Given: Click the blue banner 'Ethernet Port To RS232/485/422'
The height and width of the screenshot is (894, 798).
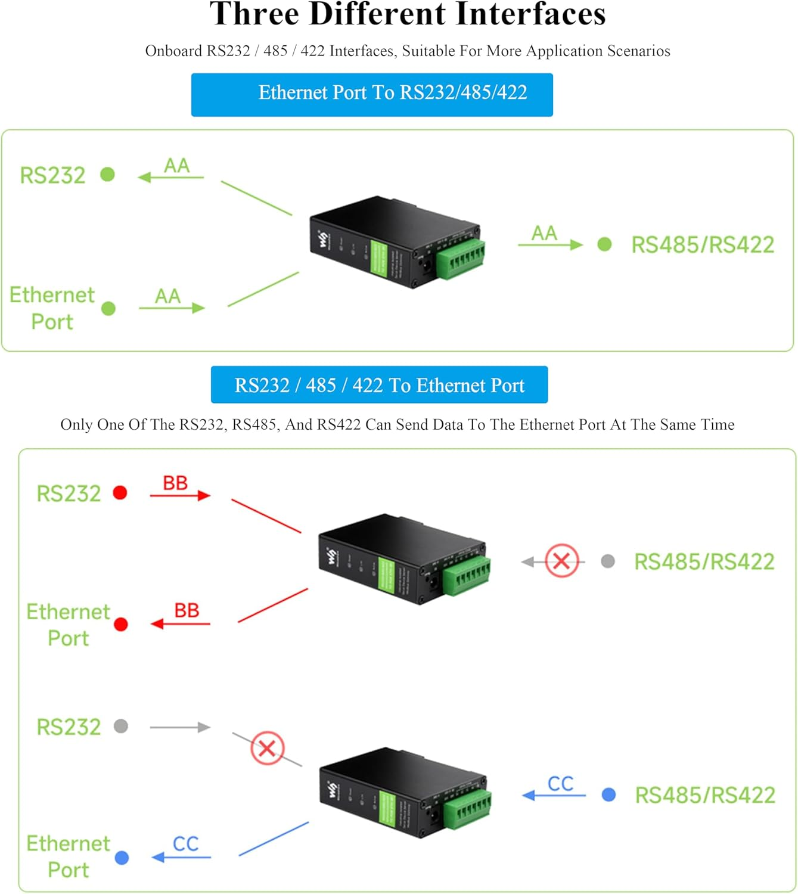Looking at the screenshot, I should coord(372,94).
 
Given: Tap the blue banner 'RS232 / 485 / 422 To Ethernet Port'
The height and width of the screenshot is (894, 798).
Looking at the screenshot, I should coord(379,385).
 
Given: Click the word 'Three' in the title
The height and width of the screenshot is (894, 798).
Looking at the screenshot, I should coord(254,14).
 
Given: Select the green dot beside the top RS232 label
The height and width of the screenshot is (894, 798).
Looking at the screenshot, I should coord(108,175).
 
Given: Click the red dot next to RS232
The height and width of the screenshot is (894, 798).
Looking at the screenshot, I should coord(120,493).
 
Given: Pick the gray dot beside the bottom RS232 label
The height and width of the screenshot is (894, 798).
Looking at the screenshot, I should coord(121,726).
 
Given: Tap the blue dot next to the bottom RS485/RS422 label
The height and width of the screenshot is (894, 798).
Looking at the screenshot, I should coord(608,794).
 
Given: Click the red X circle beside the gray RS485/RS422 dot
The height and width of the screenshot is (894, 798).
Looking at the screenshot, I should coord(561,561).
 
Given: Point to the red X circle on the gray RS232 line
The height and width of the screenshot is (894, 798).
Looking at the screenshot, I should coord(267,748).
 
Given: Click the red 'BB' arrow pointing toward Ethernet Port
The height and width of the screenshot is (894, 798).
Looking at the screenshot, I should coord(181,623).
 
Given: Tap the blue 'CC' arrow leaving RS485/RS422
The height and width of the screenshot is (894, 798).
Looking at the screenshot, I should coord(554,794).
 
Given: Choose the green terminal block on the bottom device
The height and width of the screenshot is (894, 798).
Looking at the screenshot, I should coord(467,811).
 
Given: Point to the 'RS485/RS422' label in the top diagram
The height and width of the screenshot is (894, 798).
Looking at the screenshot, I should coord(702,244).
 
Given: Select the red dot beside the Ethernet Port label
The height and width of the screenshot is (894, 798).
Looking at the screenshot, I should coord(121,624).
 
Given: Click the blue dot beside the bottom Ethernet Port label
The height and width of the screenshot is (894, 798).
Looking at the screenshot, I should coord(122,858).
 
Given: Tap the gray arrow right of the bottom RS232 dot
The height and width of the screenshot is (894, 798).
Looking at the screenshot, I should coord(180,727).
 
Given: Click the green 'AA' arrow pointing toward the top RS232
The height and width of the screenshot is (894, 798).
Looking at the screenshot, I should coord(170,177).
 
